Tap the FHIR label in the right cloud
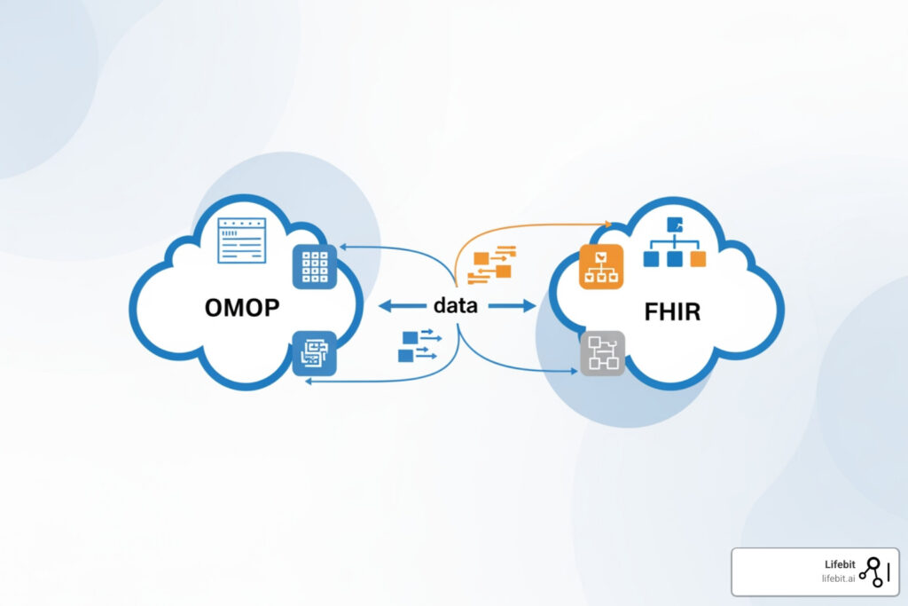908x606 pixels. pyautogui.click(x=672, y=312)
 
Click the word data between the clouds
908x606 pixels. pyautogui.click(x=455, y=305)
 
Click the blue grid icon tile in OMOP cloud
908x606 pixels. pyautogui.click(x=315, y=265)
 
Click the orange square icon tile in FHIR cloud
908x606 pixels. pyautogui.click(x=602, y=265)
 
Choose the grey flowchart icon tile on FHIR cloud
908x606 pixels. pyautogui.click(x=603, y=352)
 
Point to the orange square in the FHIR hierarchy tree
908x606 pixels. pyautogui.click(x=698, y=259)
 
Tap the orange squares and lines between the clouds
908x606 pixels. pyautogui.click(x=494, y=264)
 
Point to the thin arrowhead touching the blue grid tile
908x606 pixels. pyautogui.click(x=342, y=247)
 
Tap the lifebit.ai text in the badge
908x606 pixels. pyautogui.click(x=837, y=578)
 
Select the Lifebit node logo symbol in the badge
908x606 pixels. pyautogui.click(x=873, y=571)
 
